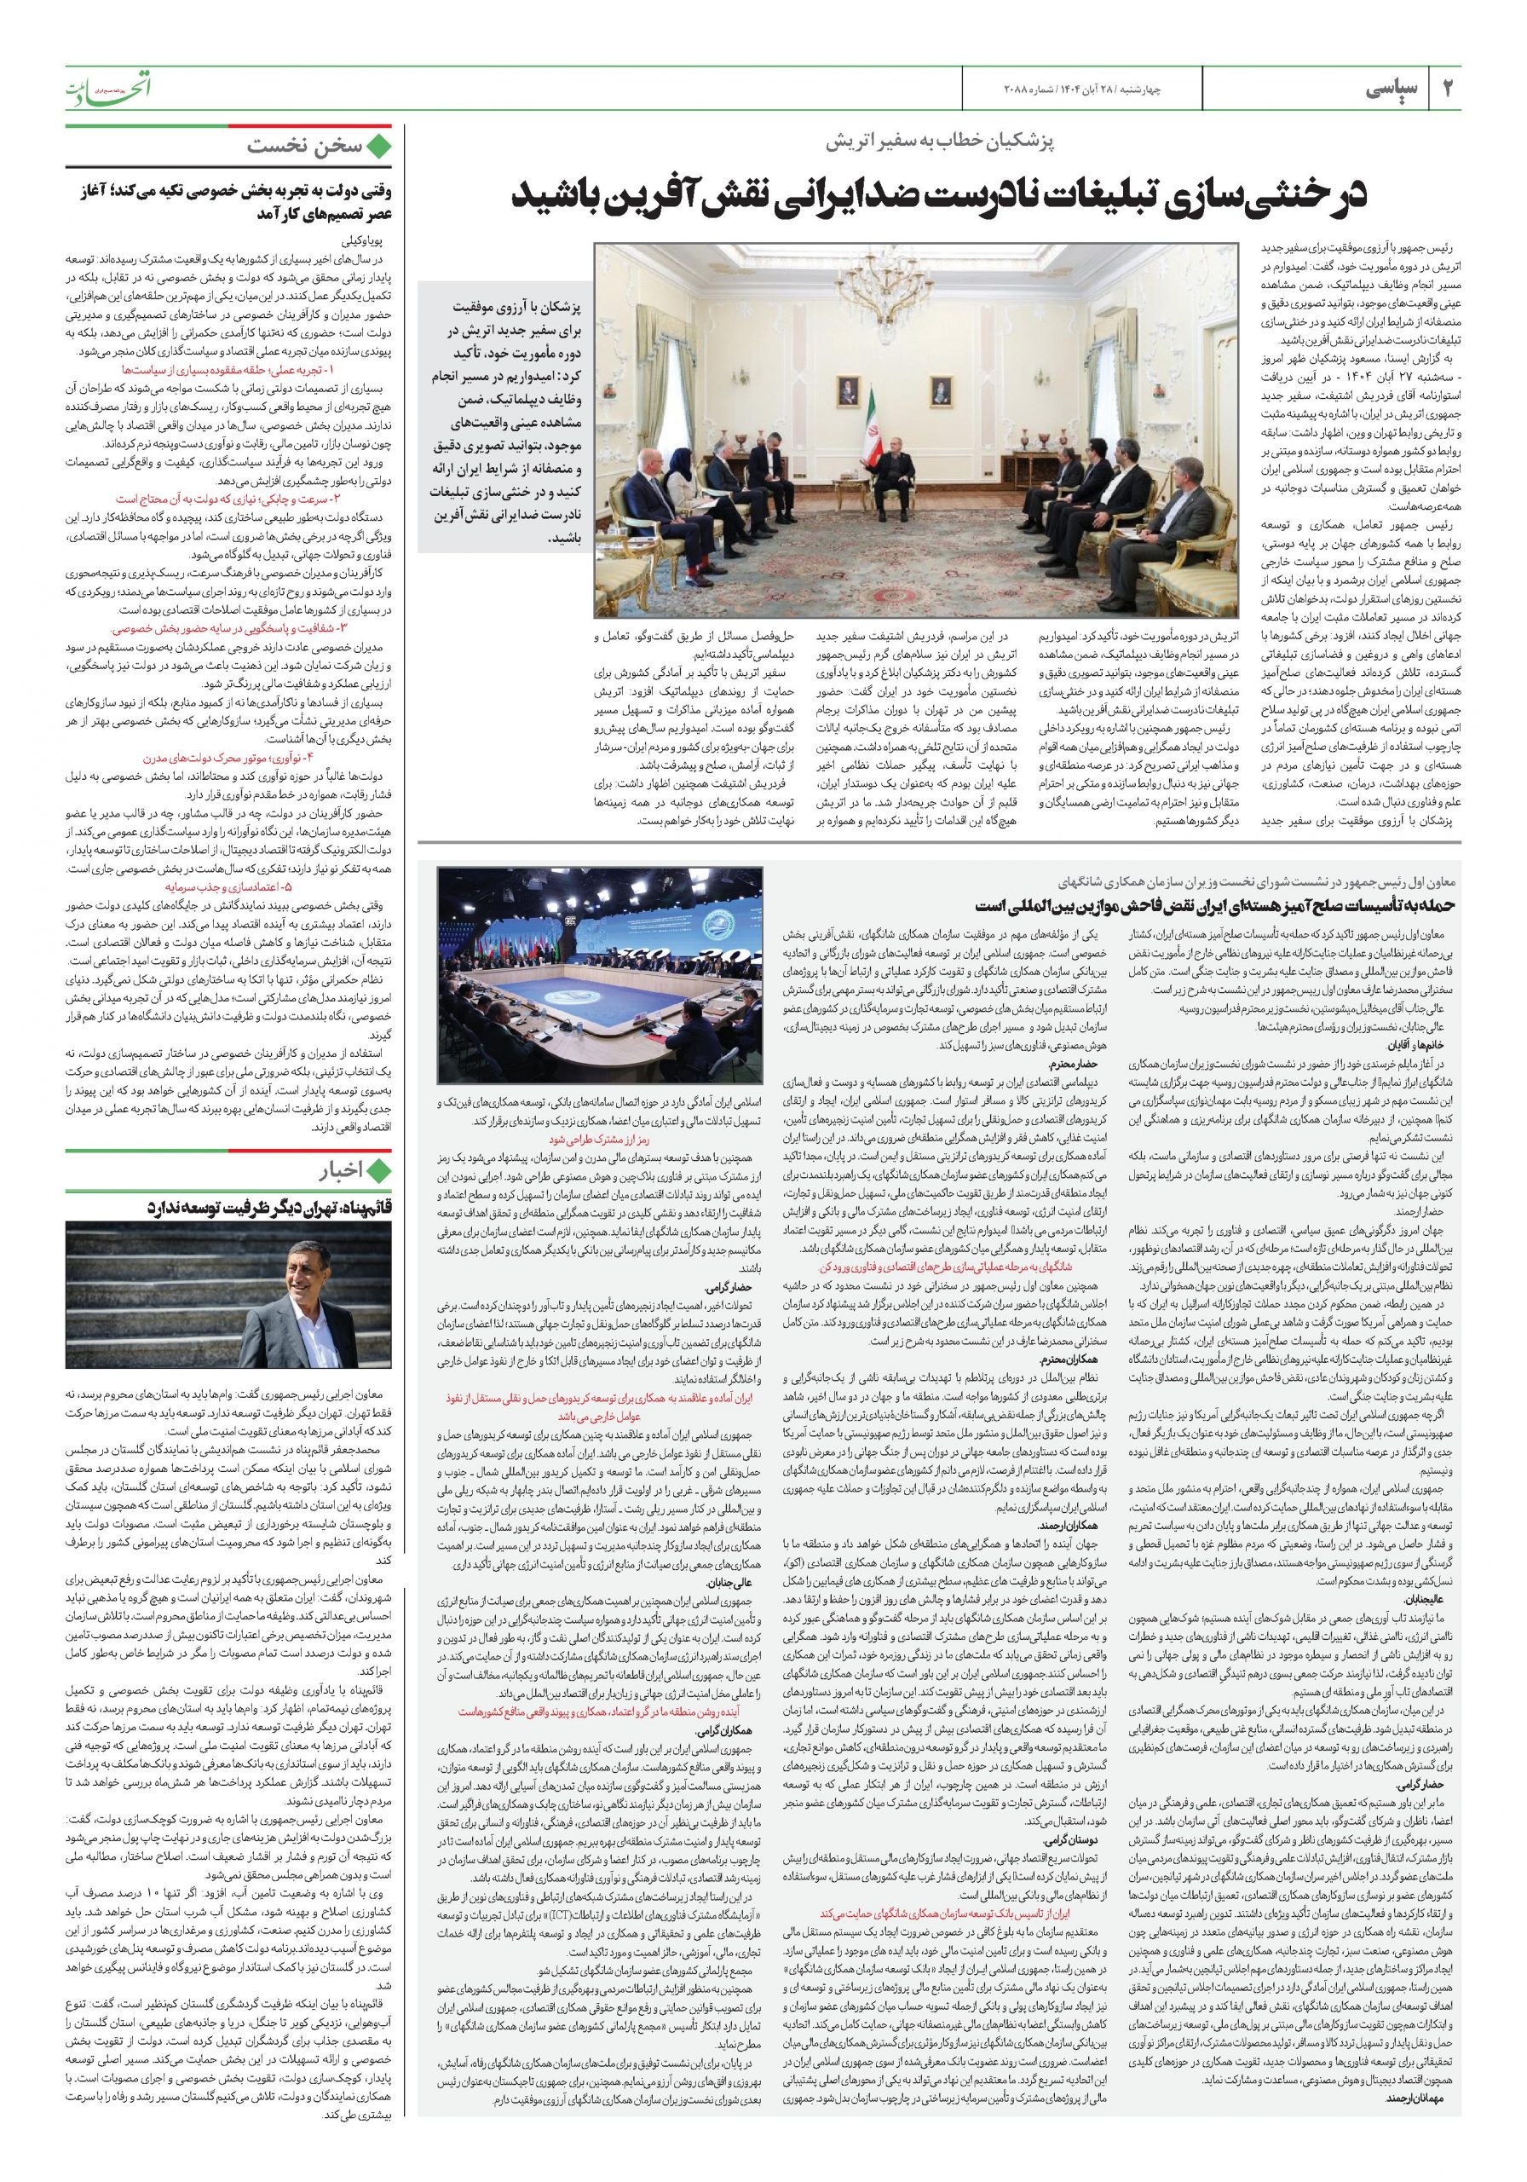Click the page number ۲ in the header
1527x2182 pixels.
(1448, 90)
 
